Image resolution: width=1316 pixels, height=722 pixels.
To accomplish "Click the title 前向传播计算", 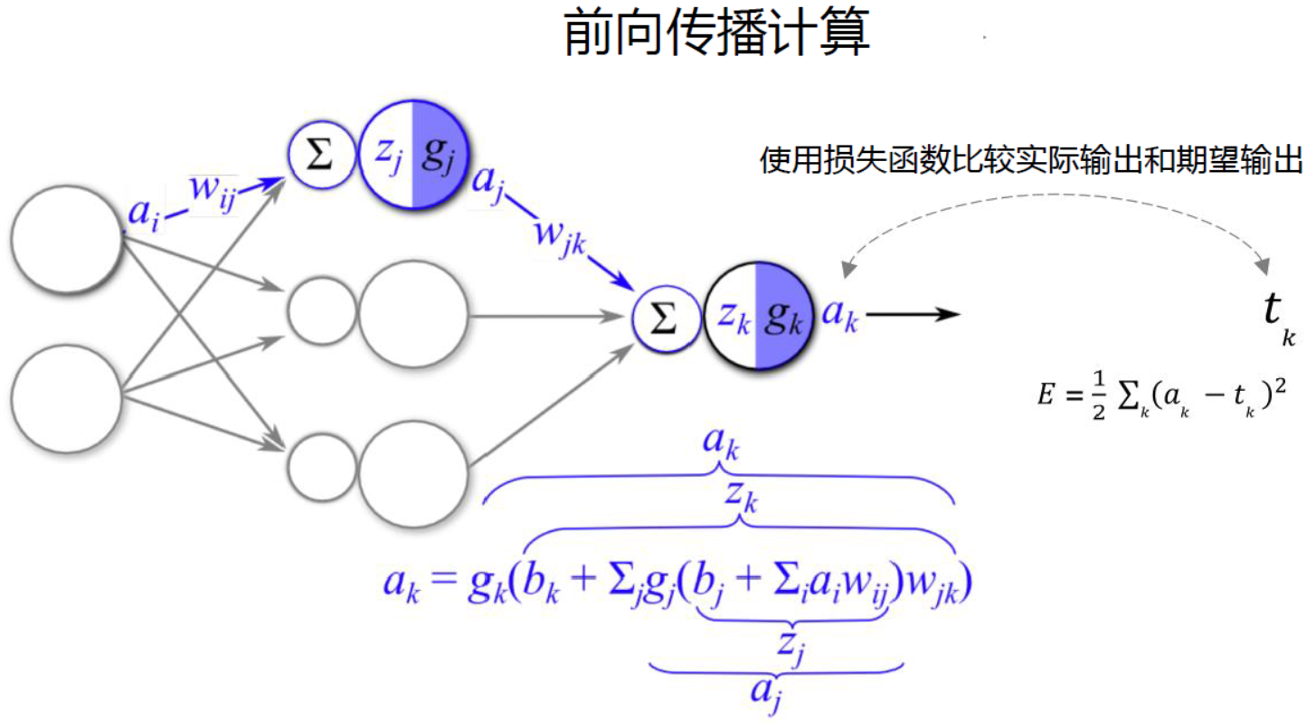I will point(716,34).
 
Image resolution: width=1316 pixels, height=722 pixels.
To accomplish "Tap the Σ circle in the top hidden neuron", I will point(318,156).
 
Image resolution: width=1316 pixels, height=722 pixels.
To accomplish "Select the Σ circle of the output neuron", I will point(666,318).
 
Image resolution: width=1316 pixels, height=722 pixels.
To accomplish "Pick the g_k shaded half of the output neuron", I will point(781,316).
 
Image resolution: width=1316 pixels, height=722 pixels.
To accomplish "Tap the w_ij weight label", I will point(213,191).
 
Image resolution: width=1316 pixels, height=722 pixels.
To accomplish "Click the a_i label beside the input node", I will point(145,214).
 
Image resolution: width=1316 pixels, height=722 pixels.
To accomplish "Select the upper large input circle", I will point(66,239).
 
